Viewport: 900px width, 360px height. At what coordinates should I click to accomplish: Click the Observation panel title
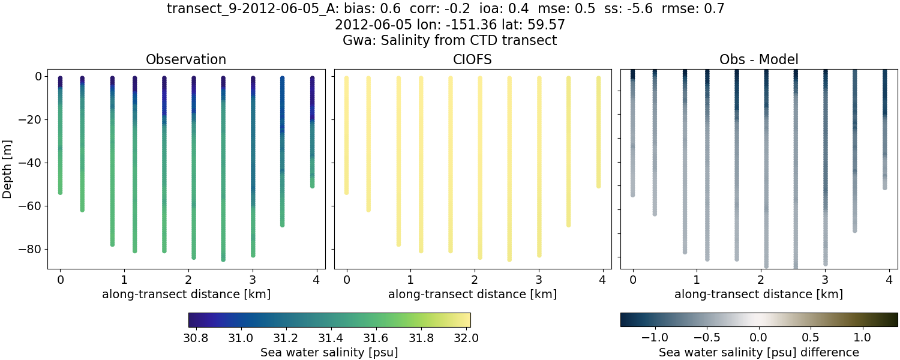pyautogui.click(x=186, y=60)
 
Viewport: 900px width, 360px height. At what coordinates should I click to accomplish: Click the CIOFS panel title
pyautogui.click(x=472, y=60)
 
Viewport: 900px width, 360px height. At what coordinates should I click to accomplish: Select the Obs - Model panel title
pyautogui.click(x=758, y=60)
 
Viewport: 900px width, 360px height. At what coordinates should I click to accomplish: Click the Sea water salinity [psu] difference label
pyautogui.click(x=758, y=352)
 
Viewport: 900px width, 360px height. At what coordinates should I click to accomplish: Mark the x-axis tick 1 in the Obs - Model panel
pyautogui.click(x=696, y=280)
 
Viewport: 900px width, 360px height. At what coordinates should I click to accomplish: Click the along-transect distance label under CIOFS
pyautogui.click(x=472, y=294)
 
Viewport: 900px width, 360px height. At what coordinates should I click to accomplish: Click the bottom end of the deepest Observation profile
pyautogui.click(x=223, y=260)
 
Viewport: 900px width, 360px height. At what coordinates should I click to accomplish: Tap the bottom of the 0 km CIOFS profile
pyautogui.click(x=346, y=193)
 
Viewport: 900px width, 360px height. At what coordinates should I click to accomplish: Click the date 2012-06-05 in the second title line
pyautogui.click(x=366, y=25)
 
